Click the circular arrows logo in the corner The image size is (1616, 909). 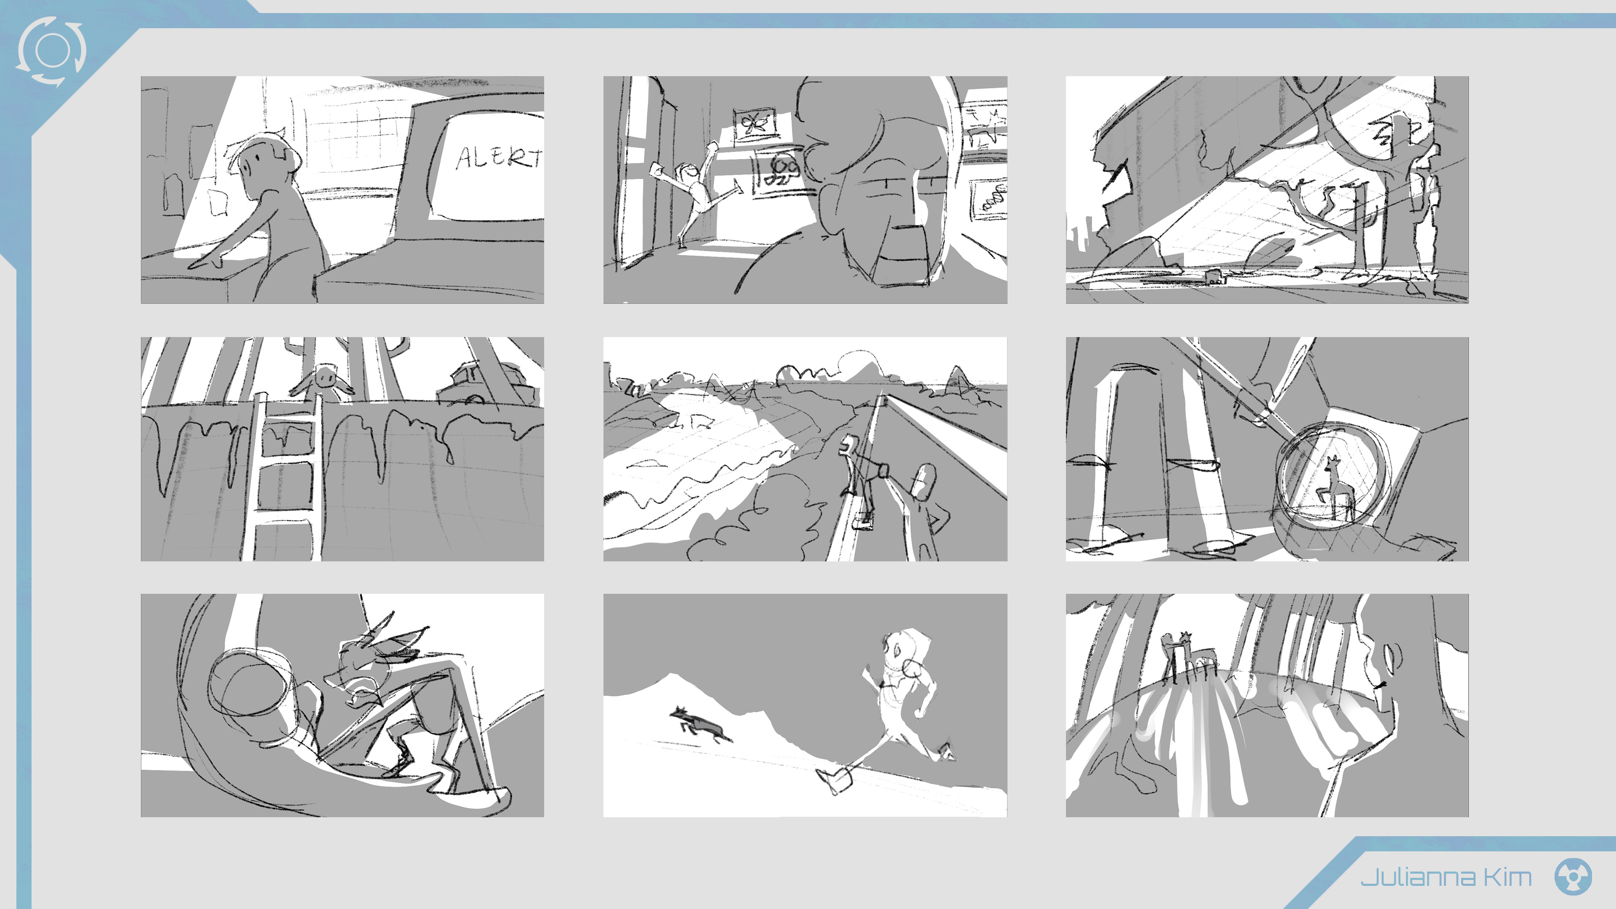[x=51, y=51]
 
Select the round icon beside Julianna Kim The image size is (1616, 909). [x=1573, y=877]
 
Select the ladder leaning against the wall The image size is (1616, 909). [x=283, y=477]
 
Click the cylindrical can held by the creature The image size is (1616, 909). [x=251, y=685]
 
